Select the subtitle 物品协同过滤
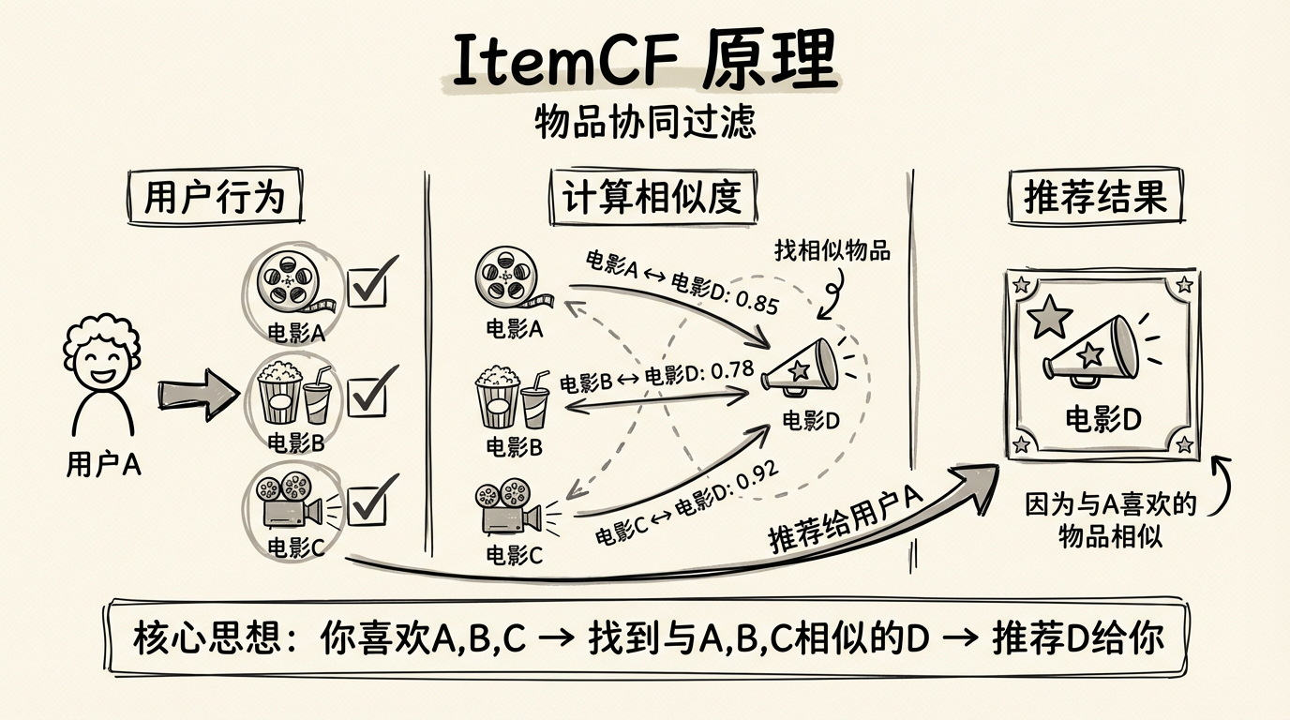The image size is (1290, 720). coord(645,122)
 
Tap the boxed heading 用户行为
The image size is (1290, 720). coord(215,198)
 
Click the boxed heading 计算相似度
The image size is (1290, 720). coord(652,198)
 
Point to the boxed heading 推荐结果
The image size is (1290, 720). coord(1095,198)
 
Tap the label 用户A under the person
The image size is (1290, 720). coord(103,464)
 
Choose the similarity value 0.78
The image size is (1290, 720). coord(732,371)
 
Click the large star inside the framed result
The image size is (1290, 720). coord(1049,318)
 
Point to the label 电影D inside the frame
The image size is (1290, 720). coord(1102,419)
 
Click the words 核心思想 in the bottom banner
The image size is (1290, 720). coord(206,639)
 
